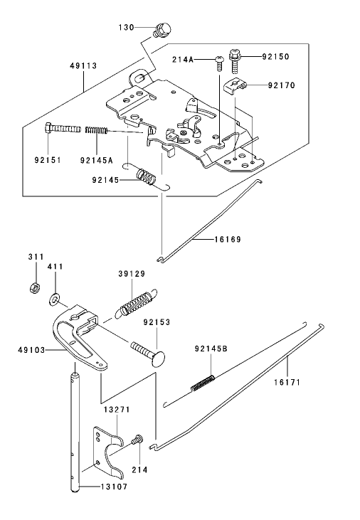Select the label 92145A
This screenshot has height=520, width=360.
pyautogui.click(x=97, y=160)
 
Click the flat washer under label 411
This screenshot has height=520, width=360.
pyautogui.click(x=55, y=295)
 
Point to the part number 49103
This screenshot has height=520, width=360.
pyautogui.click(x=32, y=350)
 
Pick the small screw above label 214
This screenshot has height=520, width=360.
pyautogui.click(x=137, y=440)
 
